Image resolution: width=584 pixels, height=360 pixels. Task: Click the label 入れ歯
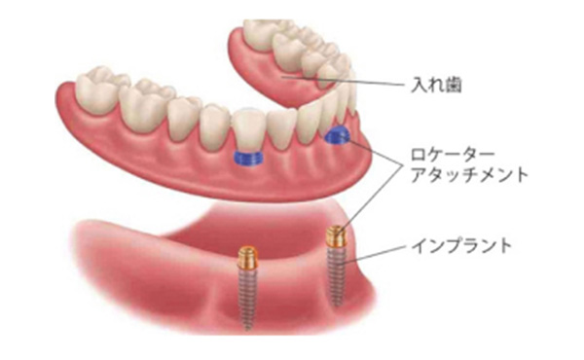(x=433, y=86)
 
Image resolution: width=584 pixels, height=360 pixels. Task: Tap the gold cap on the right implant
(x=335, y=234)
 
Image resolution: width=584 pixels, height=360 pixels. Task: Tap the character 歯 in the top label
(x=451, y=86)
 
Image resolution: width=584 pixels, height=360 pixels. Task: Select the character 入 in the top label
(x=416, y=86)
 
